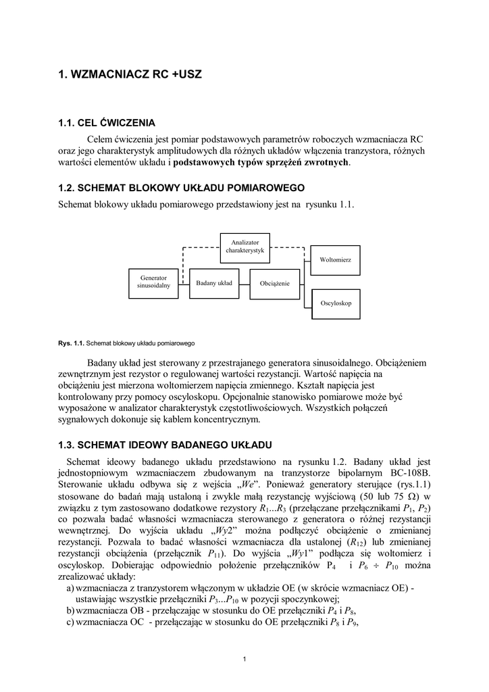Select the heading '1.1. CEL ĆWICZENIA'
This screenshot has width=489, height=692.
107,123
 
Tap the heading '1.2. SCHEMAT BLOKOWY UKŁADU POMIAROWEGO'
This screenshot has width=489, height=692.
182,187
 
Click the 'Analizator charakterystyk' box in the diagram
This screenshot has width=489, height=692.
244,246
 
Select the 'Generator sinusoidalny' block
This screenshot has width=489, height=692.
153,282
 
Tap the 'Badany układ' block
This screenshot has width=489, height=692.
214,282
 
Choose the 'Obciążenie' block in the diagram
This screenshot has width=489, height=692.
275,283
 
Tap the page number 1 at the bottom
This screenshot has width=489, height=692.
244,659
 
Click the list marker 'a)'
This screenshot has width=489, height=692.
70,589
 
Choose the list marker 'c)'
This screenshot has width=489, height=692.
70,622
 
